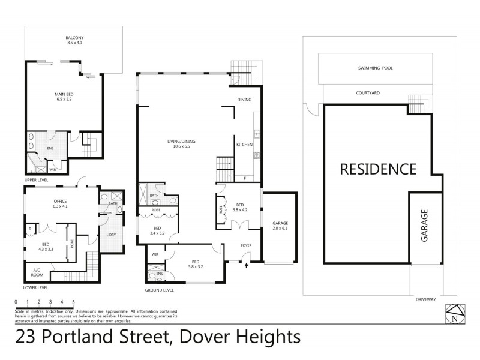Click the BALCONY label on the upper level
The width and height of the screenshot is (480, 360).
[74, 41]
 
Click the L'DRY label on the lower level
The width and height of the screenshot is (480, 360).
[110, 234]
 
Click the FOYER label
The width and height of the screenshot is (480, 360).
[246, 245]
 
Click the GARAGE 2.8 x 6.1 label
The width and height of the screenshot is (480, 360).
[280, 226]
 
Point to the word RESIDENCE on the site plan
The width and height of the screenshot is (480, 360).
[378, 169]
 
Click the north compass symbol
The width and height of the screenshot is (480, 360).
[454, 314]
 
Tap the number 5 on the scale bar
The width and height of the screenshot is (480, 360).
[73, 301]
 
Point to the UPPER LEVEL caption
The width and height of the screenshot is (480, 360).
[37, 178]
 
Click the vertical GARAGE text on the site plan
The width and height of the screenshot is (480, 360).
[424, 226]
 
